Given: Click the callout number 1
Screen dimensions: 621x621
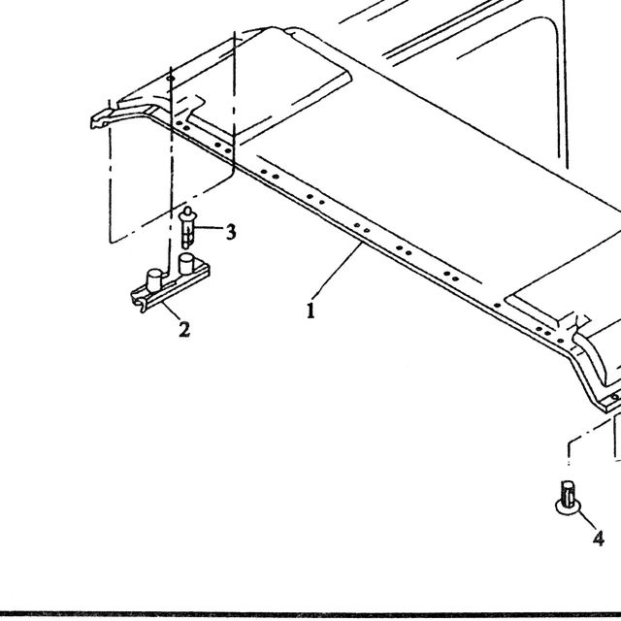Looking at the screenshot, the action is [310, 310].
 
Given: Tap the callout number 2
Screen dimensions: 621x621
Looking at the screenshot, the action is [184, 330].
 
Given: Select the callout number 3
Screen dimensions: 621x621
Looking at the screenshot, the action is [231, 231].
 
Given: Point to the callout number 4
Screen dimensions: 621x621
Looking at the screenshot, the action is [599, 539].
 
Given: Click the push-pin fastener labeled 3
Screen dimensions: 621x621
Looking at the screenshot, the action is [187, 228].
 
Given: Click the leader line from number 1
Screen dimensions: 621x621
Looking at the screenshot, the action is [337, 272].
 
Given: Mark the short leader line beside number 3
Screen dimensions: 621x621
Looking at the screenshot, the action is [209, 228].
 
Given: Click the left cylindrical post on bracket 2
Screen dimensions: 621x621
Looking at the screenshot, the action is [154, 280].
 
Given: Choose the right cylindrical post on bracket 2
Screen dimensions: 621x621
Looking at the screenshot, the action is [186, 264].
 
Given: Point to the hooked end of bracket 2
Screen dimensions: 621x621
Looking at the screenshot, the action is [138, 304].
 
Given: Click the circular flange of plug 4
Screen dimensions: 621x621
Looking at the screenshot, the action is [569, 508].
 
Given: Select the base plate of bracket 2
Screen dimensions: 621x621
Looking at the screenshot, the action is [171, 285].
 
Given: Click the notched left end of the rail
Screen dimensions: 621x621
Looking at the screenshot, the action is [100, 119].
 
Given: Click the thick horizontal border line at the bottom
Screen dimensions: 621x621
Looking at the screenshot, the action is [310, 614].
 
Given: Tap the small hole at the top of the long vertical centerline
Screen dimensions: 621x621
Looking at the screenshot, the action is [171, 79].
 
